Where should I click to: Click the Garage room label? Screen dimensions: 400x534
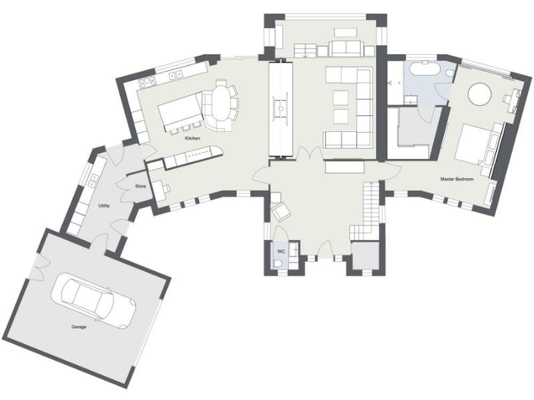(79, 327)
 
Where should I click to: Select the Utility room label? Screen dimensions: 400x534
(103, 206)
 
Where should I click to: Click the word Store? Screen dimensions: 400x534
(140, 186)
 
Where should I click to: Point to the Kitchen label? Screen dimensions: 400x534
(192, 138)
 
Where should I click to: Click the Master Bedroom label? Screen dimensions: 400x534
(456, 179)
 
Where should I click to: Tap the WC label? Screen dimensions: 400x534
(281, 251)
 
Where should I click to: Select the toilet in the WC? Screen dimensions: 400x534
(278, 264)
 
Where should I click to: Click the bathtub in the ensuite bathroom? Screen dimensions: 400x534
(423, 69)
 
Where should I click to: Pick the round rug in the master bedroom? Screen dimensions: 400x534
(481, 94)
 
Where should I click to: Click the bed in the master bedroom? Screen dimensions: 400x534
(475, 144)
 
